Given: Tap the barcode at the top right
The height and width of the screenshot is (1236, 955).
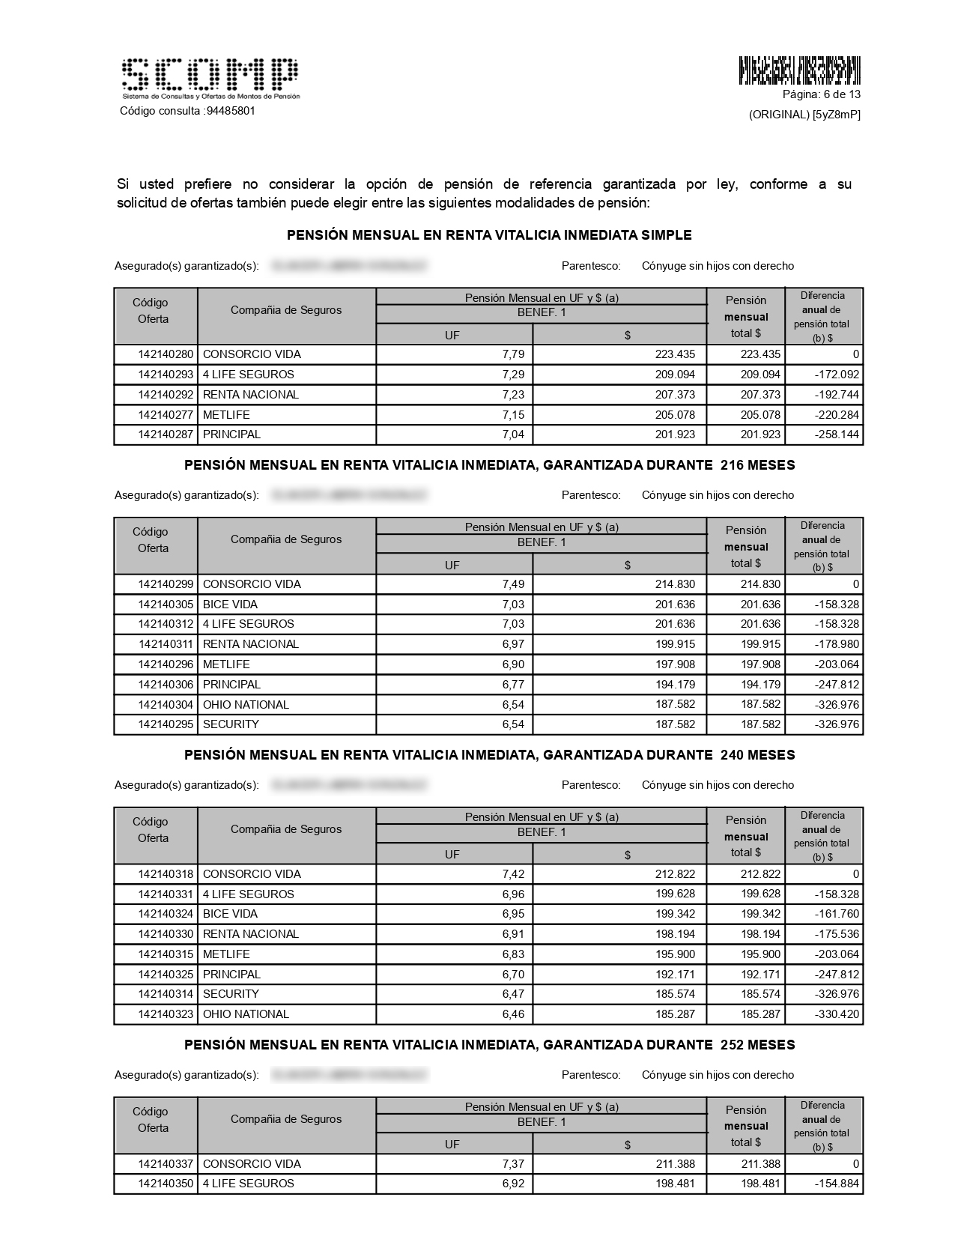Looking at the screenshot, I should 799,70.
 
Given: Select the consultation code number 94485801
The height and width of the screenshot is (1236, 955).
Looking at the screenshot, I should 231,111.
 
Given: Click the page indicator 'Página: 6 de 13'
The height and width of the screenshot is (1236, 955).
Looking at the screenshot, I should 821,94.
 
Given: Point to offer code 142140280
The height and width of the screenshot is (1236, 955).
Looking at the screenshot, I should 166,354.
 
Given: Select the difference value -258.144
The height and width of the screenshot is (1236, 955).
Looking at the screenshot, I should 839,434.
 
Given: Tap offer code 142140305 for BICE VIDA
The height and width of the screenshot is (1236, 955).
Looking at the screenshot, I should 166,605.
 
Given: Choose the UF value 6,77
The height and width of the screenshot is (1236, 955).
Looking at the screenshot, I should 513,685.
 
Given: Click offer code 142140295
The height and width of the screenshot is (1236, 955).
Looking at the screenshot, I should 166,724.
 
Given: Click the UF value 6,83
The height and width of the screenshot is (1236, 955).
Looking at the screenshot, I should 513,954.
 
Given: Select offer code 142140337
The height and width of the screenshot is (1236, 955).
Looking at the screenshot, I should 166,1164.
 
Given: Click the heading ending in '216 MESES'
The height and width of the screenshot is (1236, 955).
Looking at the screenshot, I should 489,465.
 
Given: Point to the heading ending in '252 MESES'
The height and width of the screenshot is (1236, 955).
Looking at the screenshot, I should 489,1045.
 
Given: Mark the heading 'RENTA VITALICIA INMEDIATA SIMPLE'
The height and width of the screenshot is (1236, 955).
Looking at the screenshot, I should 489,235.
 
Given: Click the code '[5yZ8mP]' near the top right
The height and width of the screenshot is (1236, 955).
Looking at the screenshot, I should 837,115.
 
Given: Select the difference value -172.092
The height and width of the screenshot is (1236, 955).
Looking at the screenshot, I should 839,375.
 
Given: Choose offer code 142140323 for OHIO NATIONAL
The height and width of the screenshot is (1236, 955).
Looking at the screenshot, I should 166,1014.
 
